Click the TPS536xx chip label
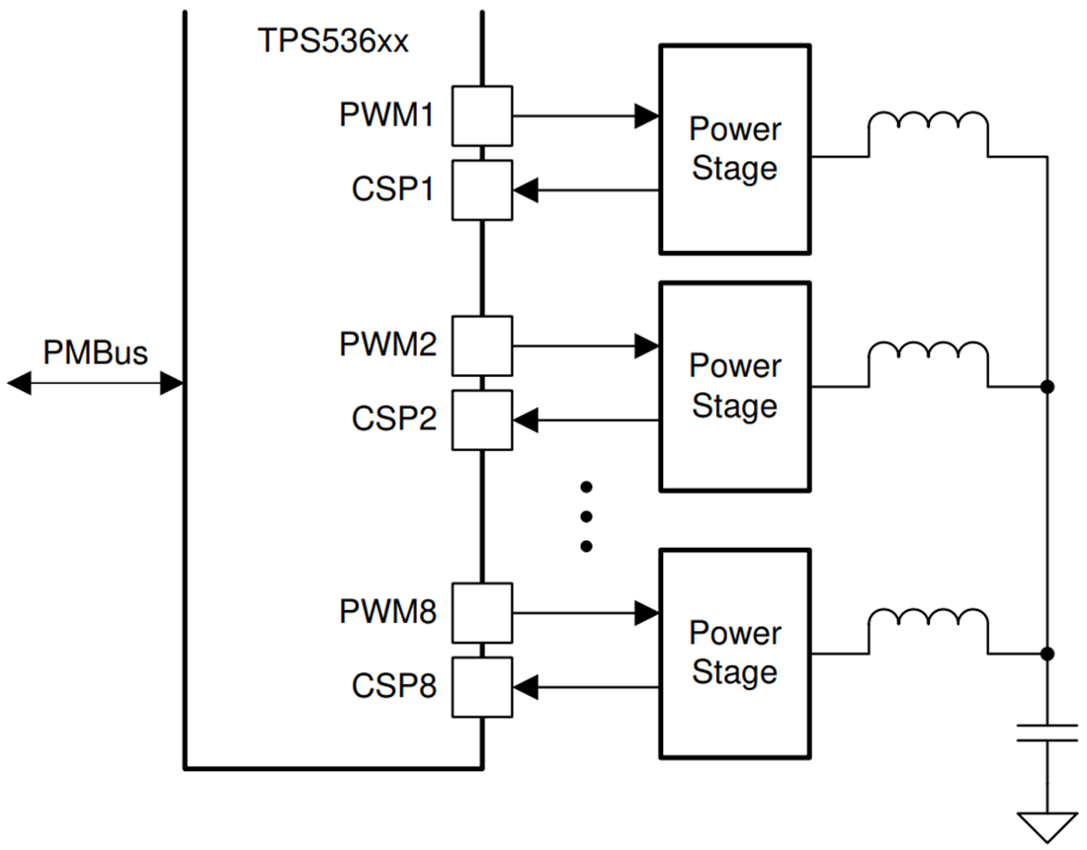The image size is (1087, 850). [332, 42]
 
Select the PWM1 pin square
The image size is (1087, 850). [482, 116]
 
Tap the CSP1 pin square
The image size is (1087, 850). [482, 190]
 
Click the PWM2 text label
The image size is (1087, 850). [387, 345]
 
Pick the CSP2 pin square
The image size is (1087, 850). [482, 421]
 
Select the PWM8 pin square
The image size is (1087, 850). [482, 612]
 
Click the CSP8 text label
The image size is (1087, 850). [393, 686]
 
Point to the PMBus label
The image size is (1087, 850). [95, 352]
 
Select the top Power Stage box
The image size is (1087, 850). [734, 149]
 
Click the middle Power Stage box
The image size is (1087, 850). [734, 386]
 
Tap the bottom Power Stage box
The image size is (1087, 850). [734, 653]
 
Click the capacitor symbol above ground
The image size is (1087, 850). [1047, 733]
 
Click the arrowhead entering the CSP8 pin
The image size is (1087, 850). [526, 687]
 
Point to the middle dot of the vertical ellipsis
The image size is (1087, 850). [586, 515]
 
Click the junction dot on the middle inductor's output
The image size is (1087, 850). [1047, 387]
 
